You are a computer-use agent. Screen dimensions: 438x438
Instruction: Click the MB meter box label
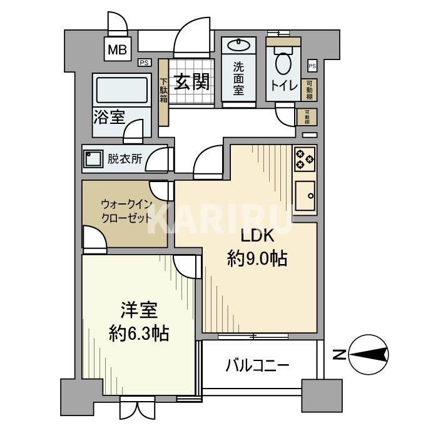[x=116, y=50]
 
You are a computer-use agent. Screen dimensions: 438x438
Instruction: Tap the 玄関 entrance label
[x=191, y=82]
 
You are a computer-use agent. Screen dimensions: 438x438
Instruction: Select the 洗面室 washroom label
[x=238, y=78]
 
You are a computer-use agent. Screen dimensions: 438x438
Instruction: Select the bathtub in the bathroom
[x=121, y=91]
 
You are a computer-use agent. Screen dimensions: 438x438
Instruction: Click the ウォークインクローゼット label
[x=126, y=211]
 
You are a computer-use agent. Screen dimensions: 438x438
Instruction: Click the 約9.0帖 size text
[x=257, y=259]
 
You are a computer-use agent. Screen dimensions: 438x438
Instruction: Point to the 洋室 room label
[x=138, y=310]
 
